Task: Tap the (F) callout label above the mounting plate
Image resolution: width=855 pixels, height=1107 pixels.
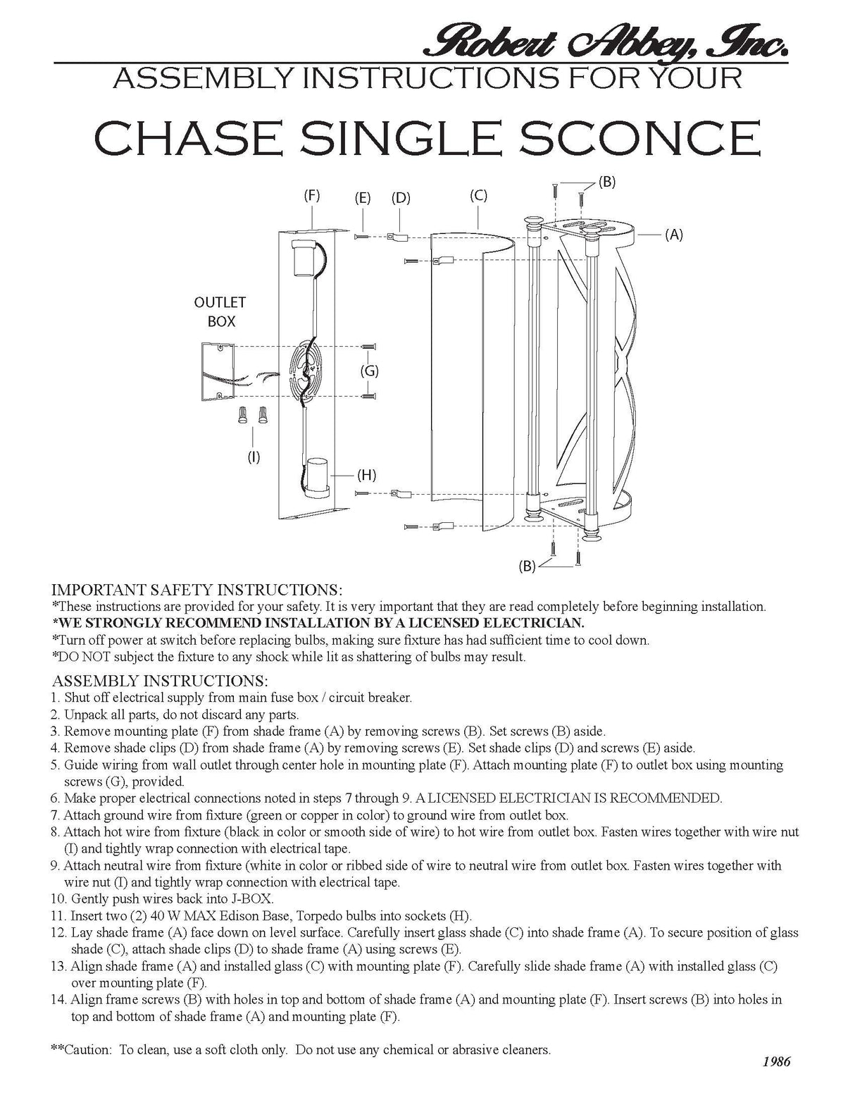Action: coord(312,196)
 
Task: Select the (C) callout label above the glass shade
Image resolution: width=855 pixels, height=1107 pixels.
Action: coord(478,195)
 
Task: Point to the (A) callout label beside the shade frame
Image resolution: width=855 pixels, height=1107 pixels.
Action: coord(674,235)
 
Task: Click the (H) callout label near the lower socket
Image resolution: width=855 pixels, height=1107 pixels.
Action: coord(366,474)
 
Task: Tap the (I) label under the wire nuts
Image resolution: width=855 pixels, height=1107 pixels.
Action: coord(254,457)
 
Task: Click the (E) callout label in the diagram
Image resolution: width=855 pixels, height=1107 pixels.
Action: coord(363,198)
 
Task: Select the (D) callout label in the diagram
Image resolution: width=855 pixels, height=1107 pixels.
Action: coord(401,198)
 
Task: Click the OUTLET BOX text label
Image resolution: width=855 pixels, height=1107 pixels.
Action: coord(220,311)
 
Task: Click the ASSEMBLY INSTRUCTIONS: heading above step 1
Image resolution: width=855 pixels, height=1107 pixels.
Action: coord(160,681)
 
